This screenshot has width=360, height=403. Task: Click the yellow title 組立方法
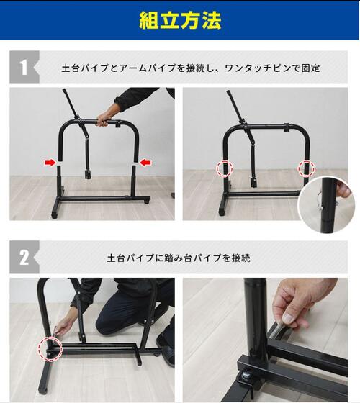179,19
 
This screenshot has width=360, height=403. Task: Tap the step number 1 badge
24,68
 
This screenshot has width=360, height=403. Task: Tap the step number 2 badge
24,257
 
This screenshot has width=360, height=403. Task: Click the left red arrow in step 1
50,163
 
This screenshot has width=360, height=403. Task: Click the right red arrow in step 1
145,163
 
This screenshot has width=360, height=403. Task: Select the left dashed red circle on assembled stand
226,168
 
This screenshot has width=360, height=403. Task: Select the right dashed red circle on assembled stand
307,168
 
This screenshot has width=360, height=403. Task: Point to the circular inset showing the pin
328,205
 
